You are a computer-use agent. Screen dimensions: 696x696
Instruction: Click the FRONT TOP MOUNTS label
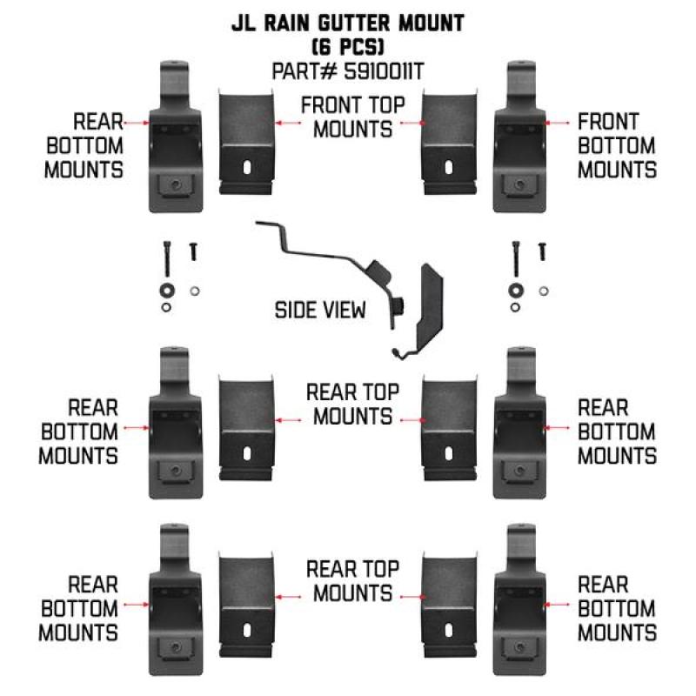click(x=351, y=117)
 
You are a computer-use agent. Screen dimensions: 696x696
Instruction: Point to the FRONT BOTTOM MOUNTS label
click(x=617, y=145)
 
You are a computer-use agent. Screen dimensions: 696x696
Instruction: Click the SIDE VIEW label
click(x=320, y=311)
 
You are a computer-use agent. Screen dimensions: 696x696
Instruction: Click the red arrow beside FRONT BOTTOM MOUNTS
click(x=556, y=124)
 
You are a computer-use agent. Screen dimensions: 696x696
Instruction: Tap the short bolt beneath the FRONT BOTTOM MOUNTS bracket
click(x=543, y=251)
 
